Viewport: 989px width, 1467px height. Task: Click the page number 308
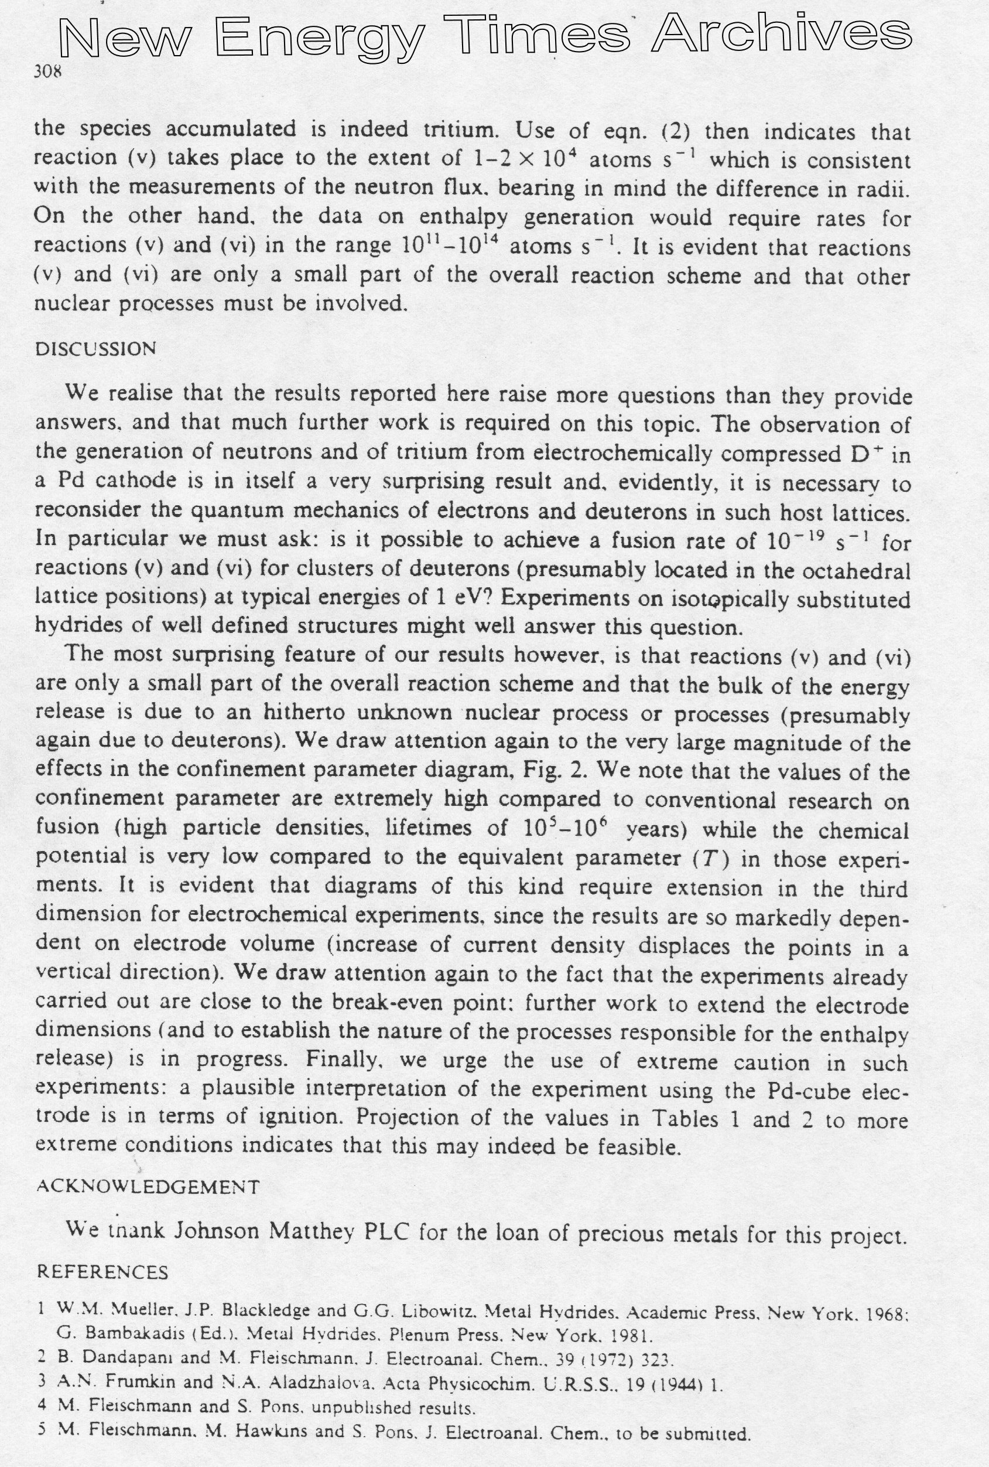click(x=48, y=72)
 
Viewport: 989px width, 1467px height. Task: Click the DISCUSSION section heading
click(x=95, y=349)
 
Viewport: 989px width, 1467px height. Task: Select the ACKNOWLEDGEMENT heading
click(x=148, y=1187)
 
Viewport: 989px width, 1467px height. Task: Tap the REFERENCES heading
click(x=102, y=1271)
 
